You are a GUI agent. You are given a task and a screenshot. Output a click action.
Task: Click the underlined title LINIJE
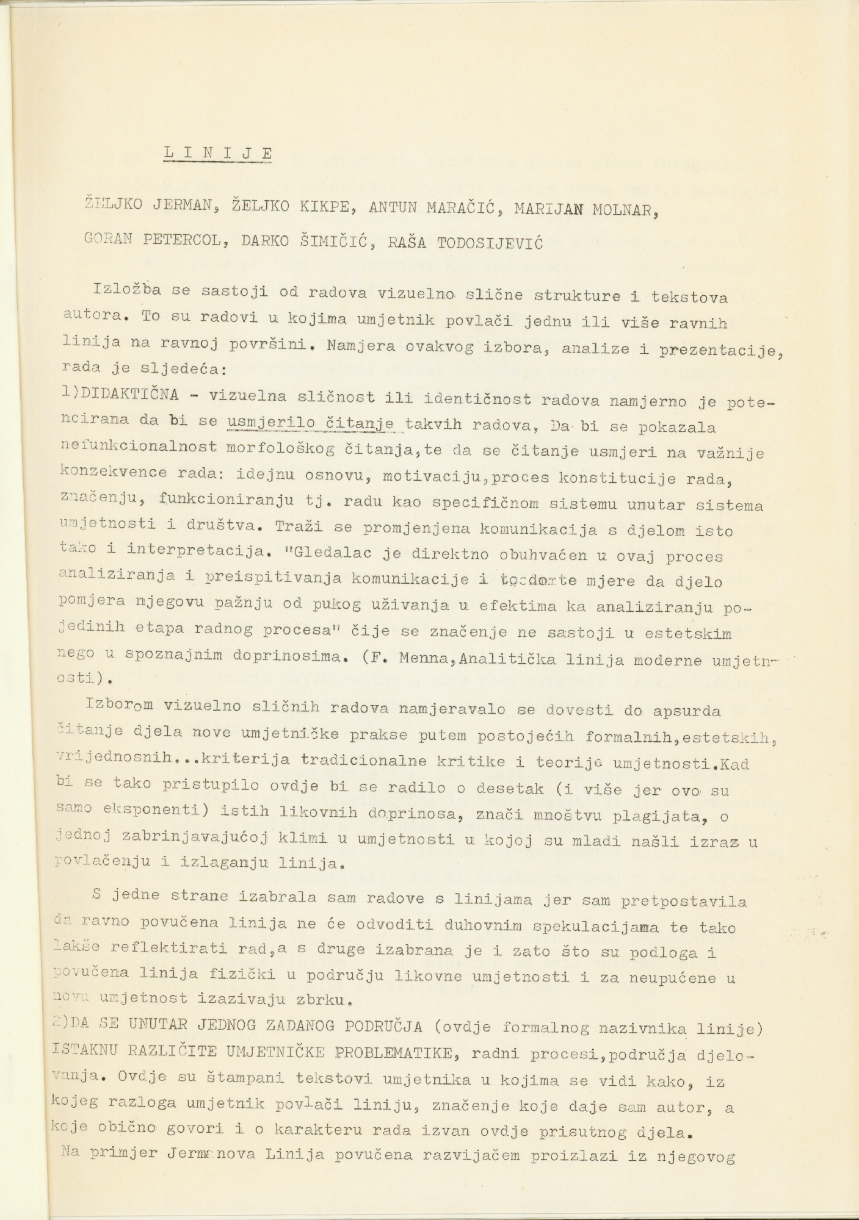coord(218,152)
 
